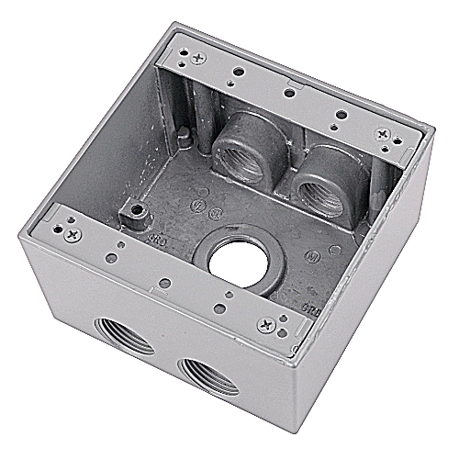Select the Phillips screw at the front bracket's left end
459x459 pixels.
click(x=72, y=234)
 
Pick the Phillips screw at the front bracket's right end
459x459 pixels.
click(x=266, y=323)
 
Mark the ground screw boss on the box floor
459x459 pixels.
click(x=138, y=215)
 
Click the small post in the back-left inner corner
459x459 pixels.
click(x=185, y=136)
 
